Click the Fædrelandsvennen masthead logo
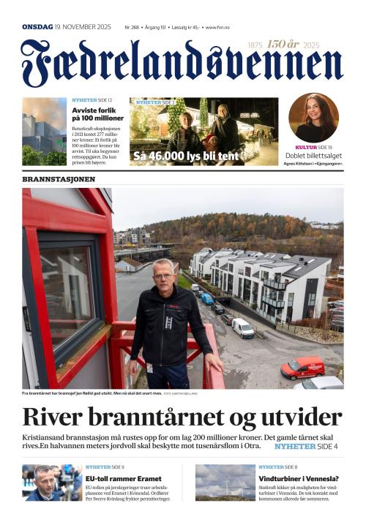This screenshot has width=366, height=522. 182,64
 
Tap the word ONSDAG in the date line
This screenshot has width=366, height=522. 37,27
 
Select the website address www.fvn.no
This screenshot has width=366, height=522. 217,27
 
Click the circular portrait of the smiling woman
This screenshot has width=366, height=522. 313,118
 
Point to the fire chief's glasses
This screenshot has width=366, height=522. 164,276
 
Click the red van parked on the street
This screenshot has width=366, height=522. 302,367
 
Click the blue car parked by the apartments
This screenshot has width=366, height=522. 207,298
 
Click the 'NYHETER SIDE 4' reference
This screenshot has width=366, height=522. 306,446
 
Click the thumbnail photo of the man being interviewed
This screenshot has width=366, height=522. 51,482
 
